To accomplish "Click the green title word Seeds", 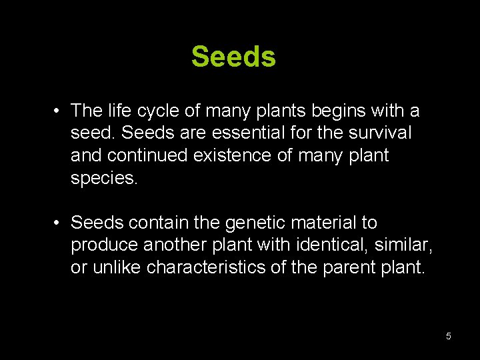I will point(233,57).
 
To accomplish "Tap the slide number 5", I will point(449,336).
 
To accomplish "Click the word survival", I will point(380,133).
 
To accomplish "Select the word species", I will point(103,178).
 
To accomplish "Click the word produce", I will point(104,245).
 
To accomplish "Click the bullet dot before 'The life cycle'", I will point(58,111).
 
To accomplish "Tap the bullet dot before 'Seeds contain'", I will point(58,223).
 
